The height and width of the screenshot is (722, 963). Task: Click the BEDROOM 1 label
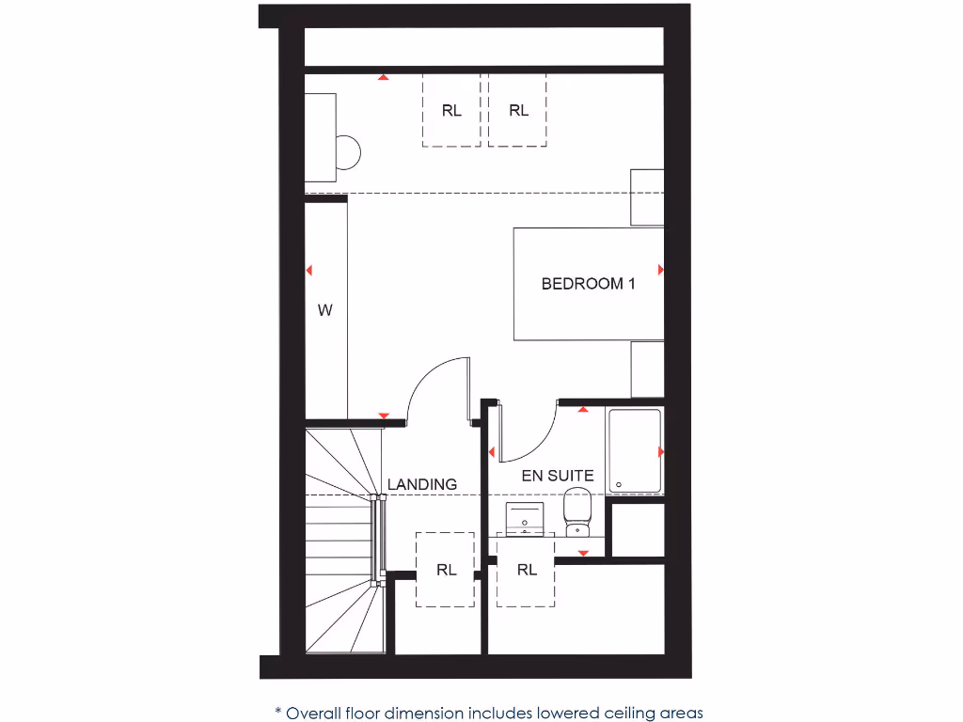[588, 283]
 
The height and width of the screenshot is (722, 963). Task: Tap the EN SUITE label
[558, 476]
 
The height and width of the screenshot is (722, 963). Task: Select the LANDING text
[422, 484]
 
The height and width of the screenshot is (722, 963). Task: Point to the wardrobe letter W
[324, 310]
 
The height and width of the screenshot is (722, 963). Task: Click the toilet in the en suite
[576, 513]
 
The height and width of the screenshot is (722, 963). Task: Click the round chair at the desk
[347, 151]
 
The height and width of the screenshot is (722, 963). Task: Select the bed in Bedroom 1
[588, 283]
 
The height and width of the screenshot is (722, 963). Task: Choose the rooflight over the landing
[445, 569]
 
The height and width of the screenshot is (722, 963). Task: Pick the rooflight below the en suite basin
[527, 569]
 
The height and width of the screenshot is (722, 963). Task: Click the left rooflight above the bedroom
[451, 110]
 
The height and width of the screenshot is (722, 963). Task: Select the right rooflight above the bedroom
[518, 110]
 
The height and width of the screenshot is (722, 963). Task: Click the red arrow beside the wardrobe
[308, 271]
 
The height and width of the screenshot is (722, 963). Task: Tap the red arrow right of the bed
[661, 270]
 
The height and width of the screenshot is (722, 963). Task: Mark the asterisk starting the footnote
[278, 711]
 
